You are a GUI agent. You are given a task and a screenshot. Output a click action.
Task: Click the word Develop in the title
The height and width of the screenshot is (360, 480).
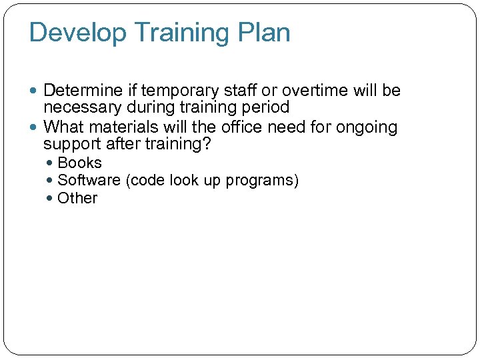coord(71,33)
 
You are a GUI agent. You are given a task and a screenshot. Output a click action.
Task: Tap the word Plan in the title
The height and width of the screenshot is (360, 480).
coord(265,33)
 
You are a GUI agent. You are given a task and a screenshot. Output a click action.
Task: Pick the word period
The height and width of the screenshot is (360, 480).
coord(267,107)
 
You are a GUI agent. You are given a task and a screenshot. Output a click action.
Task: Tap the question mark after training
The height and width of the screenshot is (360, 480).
coord(215,144)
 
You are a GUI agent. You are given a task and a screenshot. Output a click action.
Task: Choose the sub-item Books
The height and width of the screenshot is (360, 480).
coord(80,163)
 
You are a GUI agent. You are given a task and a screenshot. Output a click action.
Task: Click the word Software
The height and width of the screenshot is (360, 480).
coord(86,181)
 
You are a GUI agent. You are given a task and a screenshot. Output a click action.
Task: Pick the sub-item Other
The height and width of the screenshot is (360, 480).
coord(77,199)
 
